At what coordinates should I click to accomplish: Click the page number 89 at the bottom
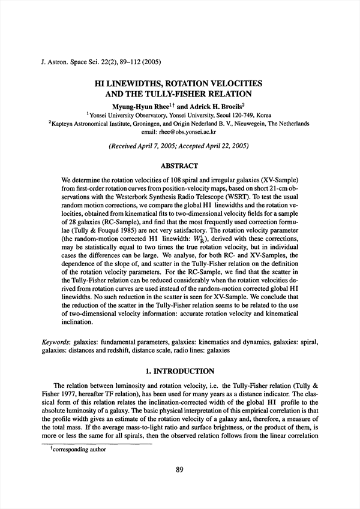tap(179, 469)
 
